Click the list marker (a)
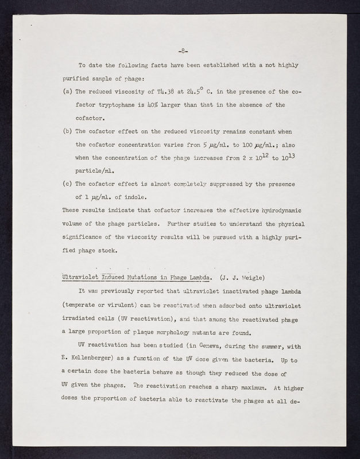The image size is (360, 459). pyautogui.click(x=67, y=91)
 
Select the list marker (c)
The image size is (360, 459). pyautogui.click(x=67, y=184)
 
